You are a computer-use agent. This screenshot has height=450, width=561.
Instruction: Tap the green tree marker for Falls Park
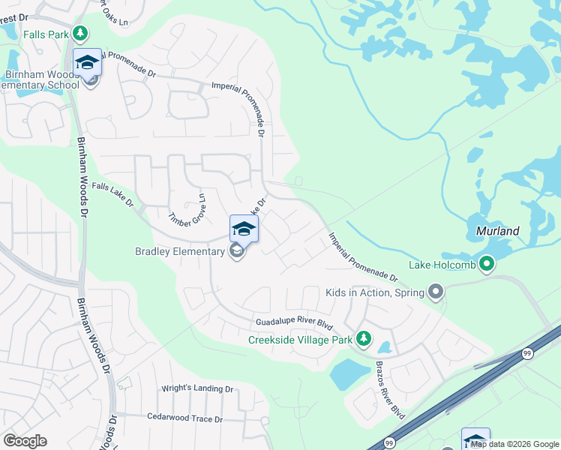79,34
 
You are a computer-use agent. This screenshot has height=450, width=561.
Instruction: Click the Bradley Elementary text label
179,251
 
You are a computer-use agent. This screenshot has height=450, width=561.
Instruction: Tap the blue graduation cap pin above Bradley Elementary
244,228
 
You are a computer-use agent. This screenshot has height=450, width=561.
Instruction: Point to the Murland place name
497,231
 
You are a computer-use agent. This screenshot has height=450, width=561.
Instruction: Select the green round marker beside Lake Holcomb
487,264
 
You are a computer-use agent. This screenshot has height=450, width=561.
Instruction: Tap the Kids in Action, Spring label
373,292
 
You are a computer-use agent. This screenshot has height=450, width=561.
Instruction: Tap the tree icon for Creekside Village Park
364,339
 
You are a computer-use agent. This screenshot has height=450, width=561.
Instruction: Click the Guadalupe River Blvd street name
293,323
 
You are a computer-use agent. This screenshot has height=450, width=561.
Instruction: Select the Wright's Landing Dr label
198,388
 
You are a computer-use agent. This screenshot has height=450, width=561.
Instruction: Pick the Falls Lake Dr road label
112,195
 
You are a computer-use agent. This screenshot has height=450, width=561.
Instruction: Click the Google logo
25,441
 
